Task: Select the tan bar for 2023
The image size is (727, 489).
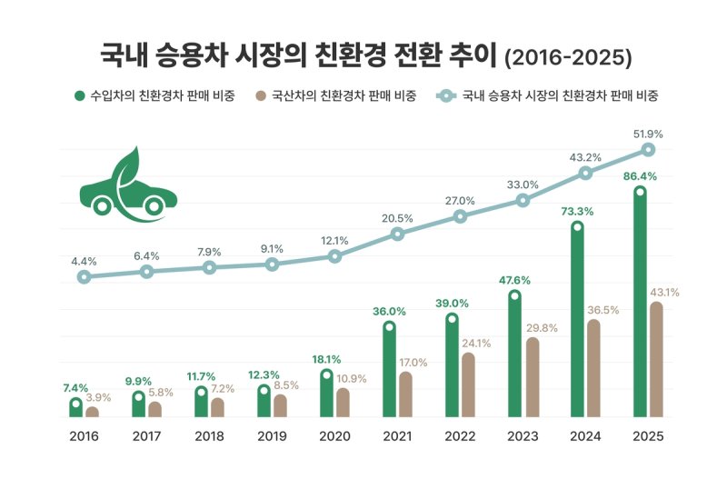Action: tap(533, 378)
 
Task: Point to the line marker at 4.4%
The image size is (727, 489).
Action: tap(84, 276)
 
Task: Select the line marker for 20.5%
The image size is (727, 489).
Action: tap(398, 234)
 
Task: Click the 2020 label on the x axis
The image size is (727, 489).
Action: tap(334, 436)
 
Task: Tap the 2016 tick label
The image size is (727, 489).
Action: tap(84, 436)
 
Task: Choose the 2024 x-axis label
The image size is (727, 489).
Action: tap(585, 436)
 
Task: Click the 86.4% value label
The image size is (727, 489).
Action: tap(640, 175)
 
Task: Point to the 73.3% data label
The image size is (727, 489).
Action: tap(577, 211)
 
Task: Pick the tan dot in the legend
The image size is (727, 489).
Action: tap(262, 95)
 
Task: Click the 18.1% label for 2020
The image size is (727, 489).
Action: tap(326, 359)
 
